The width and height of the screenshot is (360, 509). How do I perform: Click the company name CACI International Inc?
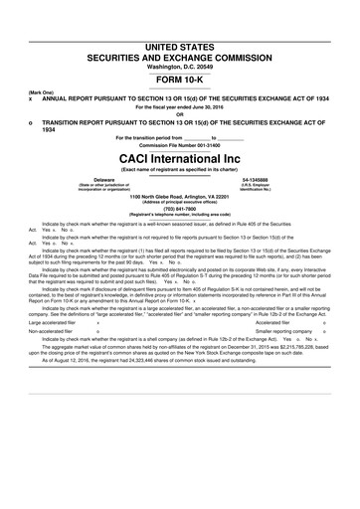pos(179,157)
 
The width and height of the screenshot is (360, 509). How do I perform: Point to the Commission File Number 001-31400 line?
pos(179,144)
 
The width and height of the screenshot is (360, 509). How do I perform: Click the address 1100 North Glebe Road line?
pos(179,197)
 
